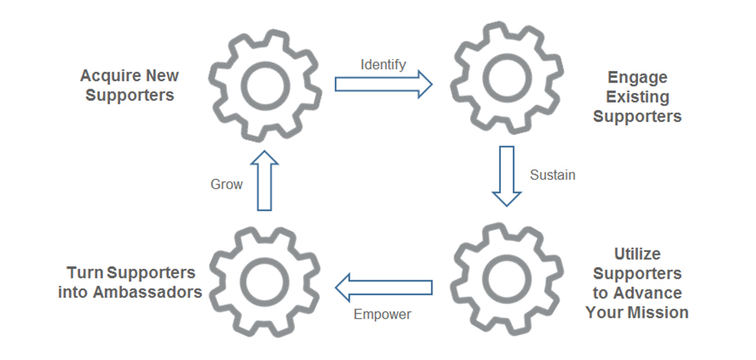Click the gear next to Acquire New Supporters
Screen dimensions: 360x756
(x=265, y=82)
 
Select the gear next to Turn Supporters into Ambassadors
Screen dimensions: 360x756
(x=265, y=282)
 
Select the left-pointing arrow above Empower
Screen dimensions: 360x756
(x=384, y=287)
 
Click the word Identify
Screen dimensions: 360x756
(x=384, y=65)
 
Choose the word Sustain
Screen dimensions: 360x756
(x=552, y=175)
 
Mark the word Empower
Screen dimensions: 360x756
(x=383, y=314)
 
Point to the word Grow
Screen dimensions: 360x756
(x=226, y=184)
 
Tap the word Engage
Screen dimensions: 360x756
(x=638, y=77)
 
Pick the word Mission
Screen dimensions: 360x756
(x=658, y=312)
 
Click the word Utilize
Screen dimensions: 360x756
(x=637, y=254)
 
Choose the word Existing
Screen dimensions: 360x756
(x=638, y=97)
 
